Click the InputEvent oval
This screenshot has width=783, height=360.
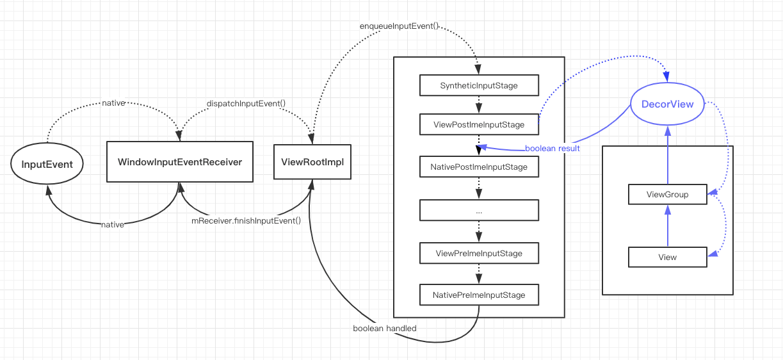[47, 164]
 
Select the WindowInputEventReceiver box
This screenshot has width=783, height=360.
[180, 161]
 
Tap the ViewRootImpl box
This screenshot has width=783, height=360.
[312, 161]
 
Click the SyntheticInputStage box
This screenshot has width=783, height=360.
[479, 85]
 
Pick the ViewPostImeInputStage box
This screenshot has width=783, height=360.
[479, 124]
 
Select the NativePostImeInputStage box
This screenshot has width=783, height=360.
[479, 167]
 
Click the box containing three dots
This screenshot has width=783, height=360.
[479, 210]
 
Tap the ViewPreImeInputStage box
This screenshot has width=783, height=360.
[479, 253]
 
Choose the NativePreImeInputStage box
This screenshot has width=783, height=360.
[479, 295]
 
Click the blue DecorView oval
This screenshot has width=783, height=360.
[668, 104]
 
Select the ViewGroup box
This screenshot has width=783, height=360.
[667, 194]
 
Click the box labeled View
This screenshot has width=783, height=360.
[667, 257]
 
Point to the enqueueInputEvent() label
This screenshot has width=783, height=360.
[399, 27]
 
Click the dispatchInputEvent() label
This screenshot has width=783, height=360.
[246, 103]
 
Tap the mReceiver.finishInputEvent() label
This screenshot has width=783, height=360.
[246, 221]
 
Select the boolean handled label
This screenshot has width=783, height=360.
[385, 329]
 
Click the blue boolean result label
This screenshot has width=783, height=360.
[552, 149]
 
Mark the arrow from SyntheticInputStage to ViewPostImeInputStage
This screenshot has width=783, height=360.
[479, 104]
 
